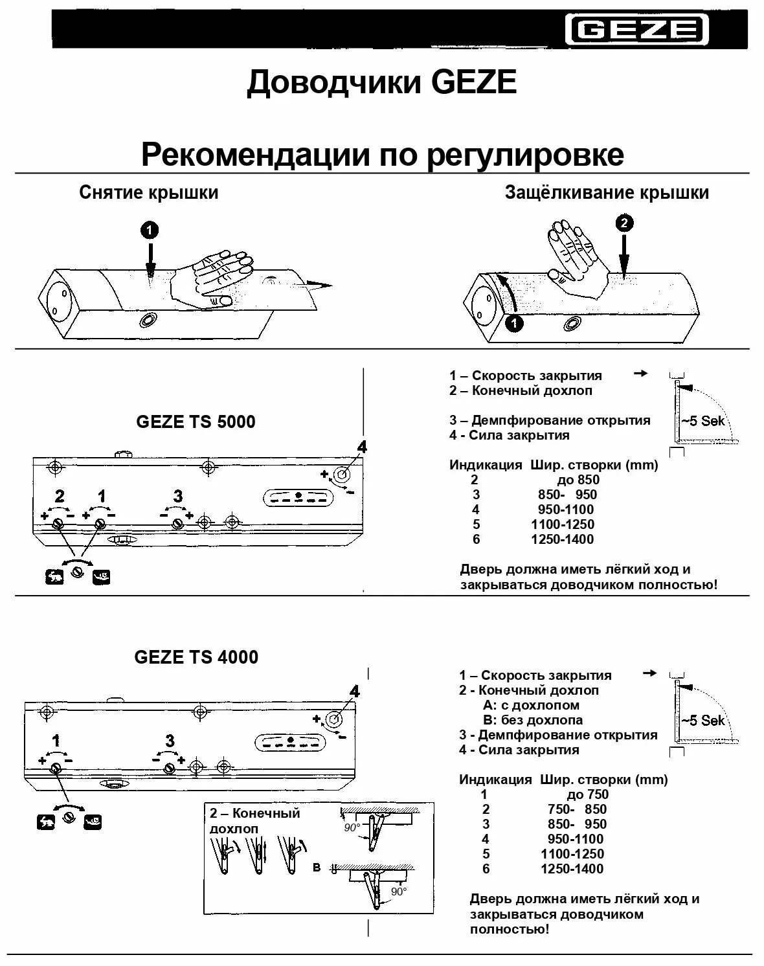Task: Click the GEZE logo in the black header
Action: click(x=637, y=30)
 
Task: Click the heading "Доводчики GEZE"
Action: click(x=381, y=84)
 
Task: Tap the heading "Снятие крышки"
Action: click(x=149, y=192)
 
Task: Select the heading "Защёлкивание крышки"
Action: click(x=607, y=192)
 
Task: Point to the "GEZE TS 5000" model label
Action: click(x=196, y=421)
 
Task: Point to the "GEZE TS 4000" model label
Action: click(x=196, y=657)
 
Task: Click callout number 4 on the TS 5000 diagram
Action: click(x=362, y=446)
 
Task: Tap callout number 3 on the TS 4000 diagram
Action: click(x=170, y=741)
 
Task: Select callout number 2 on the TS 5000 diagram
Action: click(x=60, y=497)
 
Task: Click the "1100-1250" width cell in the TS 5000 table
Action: click(x=562, y=524)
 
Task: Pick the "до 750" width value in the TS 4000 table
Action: click(x=587, y=794)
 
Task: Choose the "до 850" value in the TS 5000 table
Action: click(x=578, y=480)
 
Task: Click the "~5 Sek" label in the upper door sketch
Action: click(x=702, y=421)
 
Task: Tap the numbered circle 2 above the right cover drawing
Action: click(x=624, y=224)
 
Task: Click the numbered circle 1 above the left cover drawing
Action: click(x=150, y=229)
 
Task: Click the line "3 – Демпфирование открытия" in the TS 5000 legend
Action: click(x=550, y=420)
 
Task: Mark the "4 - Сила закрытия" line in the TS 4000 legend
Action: click(x=519, y=750)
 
